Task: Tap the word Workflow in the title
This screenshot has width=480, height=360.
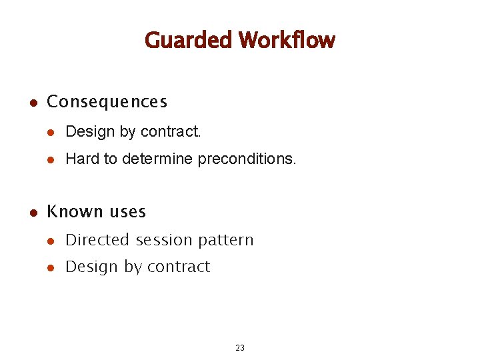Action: (x=287, y=41)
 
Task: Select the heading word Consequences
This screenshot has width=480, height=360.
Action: (x=107, y=102)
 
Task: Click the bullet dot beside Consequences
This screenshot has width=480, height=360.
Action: (x=32, y=103)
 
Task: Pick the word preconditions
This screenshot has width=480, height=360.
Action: (x=247, y=159)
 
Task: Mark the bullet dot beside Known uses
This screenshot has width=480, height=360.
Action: (x=32, y=213)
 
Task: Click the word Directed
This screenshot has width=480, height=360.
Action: (x=98, y=240)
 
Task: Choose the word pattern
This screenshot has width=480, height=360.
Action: (x=229, y=240)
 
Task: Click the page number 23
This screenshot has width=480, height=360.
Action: (x=240, y=347)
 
